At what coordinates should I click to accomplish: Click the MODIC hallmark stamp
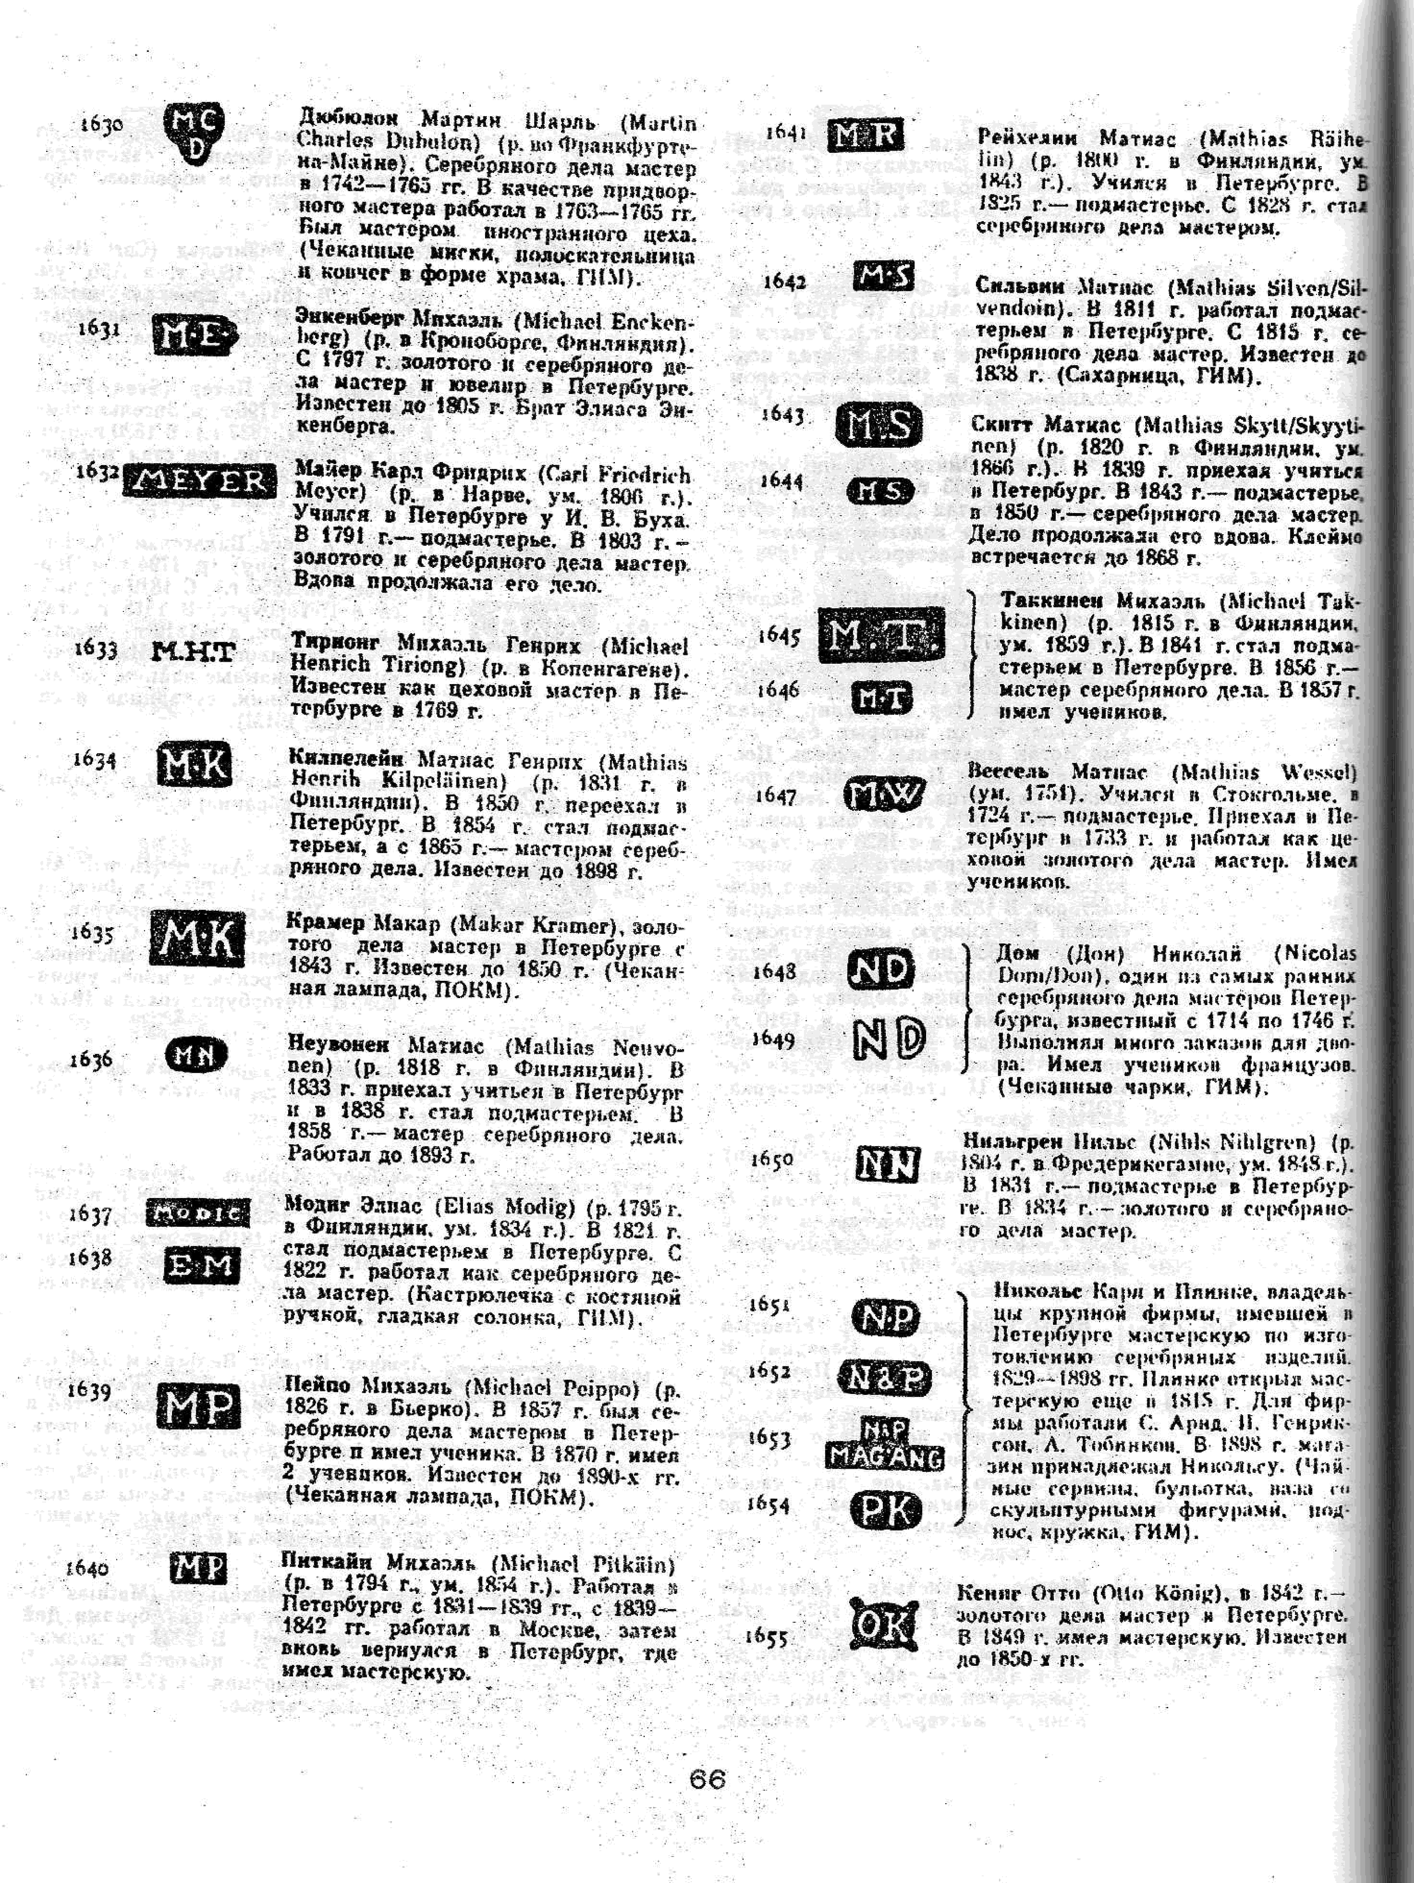tap(198, 1212)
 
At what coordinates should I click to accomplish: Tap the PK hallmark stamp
tap(885, 1510)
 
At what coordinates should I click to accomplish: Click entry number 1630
tap(101, 124)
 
